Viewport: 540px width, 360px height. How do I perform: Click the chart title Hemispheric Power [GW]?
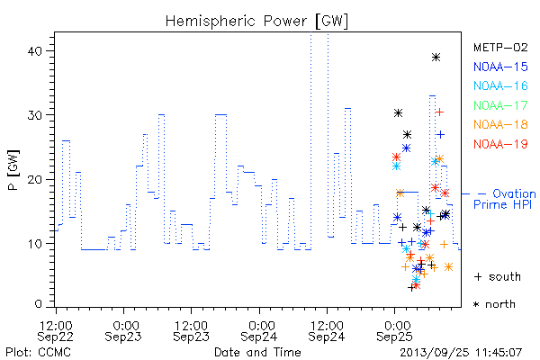[256, 22]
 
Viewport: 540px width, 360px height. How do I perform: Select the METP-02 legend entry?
[500, 47]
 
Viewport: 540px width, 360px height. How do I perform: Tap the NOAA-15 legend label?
[500, 67]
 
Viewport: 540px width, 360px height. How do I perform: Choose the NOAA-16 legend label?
[500, 85]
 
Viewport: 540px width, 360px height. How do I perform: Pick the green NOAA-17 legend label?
[500, 105]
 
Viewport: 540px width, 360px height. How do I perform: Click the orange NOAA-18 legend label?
[500, 124]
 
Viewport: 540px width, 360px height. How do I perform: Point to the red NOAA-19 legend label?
[500, 144]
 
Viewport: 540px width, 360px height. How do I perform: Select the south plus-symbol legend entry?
[498, 276]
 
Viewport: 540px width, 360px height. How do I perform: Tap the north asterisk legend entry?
[494, 304]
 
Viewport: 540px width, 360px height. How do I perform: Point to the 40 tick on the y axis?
[34, 51]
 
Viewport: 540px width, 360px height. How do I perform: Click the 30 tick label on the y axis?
[34, 115]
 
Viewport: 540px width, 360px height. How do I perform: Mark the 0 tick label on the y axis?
[38, 303]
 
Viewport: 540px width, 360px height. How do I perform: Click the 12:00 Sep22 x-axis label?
[56, 331]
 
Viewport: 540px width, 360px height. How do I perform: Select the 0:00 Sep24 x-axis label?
[259, 331]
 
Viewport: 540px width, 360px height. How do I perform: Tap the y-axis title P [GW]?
[13, 170]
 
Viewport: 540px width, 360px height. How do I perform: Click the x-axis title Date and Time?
[257, 353]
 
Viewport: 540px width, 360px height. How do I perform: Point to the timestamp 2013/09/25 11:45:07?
[461, 353]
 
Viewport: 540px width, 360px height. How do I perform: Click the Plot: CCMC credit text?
[38, 353]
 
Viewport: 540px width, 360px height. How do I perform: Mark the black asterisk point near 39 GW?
[436, 58]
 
